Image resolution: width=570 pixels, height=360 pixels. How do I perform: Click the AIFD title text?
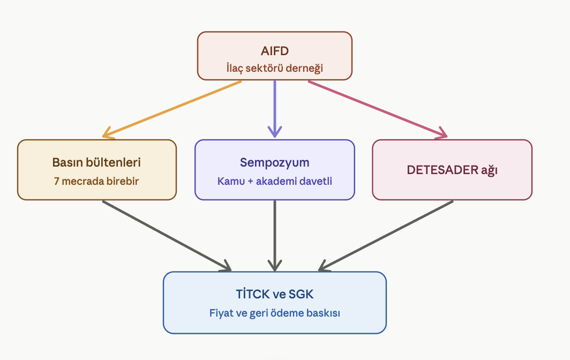274,51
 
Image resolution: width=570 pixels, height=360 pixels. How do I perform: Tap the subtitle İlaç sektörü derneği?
274,68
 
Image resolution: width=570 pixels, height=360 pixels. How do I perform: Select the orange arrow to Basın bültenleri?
171,109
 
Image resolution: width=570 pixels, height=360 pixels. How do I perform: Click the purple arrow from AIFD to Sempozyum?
274,109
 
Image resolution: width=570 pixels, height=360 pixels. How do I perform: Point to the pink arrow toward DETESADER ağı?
378,109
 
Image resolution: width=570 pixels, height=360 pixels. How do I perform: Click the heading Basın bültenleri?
96,162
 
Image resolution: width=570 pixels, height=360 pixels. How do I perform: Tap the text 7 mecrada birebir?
96,181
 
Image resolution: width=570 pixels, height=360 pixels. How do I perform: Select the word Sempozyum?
274,162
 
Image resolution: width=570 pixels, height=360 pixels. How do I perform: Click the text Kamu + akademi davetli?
274,181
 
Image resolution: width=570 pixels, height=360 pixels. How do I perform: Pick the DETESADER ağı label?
452,170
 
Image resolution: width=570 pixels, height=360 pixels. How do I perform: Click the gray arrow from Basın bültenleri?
167,236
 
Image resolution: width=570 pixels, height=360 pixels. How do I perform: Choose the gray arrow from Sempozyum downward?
274,236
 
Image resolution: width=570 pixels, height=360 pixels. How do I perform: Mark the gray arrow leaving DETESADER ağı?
386,236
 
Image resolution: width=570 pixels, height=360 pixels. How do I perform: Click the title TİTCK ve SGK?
274,294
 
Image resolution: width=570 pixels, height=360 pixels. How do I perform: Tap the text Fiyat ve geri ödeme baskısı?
274,313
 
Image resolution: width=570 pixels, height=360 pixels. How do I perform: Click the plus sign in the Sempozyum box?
250,182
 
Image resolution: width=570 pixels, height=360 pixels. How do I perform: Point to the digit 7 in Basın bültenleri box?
56,181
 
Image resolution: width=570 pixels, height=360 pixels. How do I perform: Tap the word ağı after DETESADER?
489,170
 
